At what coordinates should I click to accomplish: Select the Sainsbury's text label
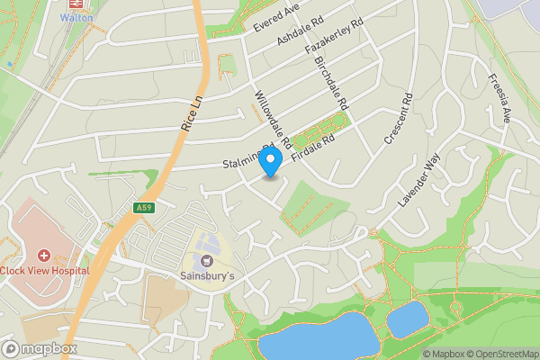[205, 275]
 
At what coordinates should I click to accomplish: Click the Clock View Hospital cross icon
[43, 256]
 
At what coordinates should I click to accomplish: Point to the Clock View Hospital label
[45, 270]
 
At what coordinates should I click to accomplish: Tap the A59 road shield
[143, 208]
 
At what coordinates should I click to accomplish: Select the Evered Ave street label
[275, 18]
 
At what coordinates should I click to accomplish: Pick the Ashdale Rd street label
[300, 31]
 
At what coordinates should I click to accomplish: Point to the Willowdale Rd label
[272, 120]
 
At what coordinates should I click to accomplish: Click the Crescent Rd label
[396, 120]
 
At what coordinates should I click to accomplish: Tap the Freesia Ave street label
[498, 98]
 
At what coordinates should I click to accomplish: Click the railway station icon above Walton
[76, 4]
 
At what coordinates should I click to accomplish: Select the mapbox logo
[40, 348]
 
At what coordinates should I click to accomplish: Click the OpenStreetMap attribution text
[501, 354]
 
